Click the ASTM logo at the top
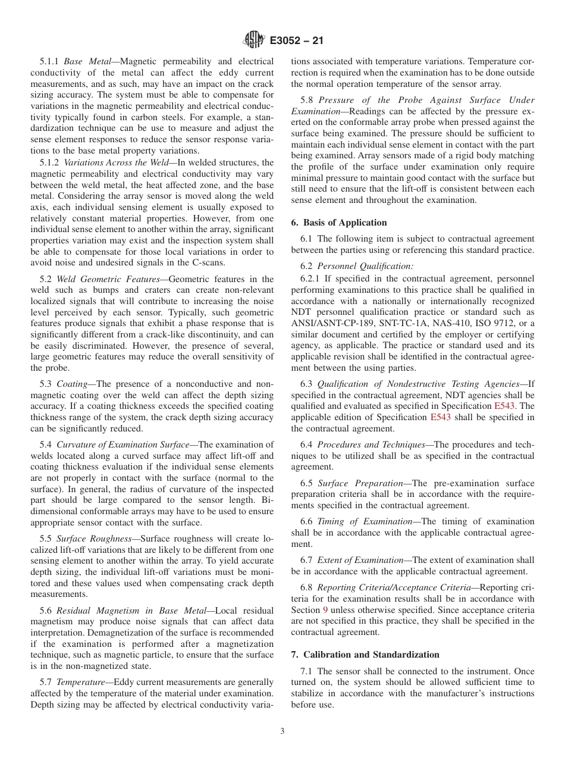(254, 41)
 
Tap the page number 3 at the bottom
(282, 731)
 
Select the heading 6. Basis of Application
(338, 223)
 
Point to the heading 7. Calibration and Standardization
(365, 655)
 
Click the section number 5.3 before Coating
(46, 384)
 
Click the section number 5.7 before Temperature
(46, 683)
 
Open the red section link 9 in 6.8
(325, 610)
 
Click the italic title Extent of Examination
(360, 560)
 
